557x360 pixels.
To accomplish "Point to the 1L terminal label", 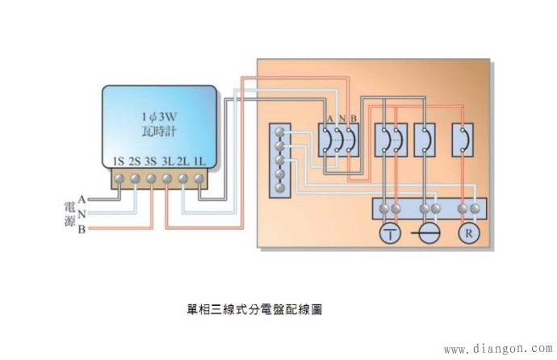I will (x=199, y=161).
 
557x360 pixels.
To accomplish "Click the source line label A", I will (x=82, y=199).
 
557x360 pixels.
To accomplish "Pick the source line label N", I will (x=82, y=214).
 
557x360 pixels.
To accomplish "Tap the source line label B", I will (x=82, y=230).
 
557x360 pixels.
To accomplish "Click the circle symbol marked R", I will (x=468, y=234).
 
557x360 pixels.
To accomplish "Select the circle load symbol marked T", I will (x=391, y=234).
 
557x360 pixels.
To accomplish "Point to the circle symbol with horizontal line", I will (x=429, y=234).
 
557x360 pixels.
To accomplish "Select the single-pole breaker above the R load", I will (x=463, y=140).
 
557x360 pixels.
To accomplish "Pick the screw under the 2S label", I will (x=135, y=178).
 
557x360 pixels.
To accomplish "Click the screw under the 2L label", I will (x=183, y=178).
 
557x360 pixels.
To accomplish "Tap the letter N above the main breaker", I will (x=341, y=119).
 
